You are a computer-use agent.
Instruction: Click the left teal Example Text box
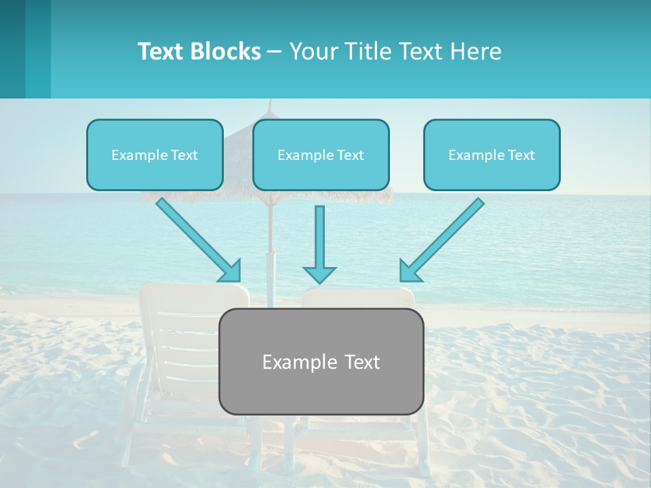click(x=155, y=155)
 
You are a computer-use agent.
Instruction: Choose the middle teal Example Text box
click(x=321, y=155)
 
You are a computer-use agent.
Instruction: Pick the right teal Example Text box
click(x=492, y=155)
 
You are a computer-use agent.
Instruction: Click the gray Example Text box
click(x=321, y=361)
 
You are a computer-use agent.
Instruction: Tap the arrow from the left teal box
click(x=197, y=238)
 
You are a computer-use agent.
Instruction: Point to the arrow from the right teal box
click(x=444, y=237)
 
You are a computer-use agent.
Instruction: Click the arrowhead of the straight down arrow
click(x=319, y=275)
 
